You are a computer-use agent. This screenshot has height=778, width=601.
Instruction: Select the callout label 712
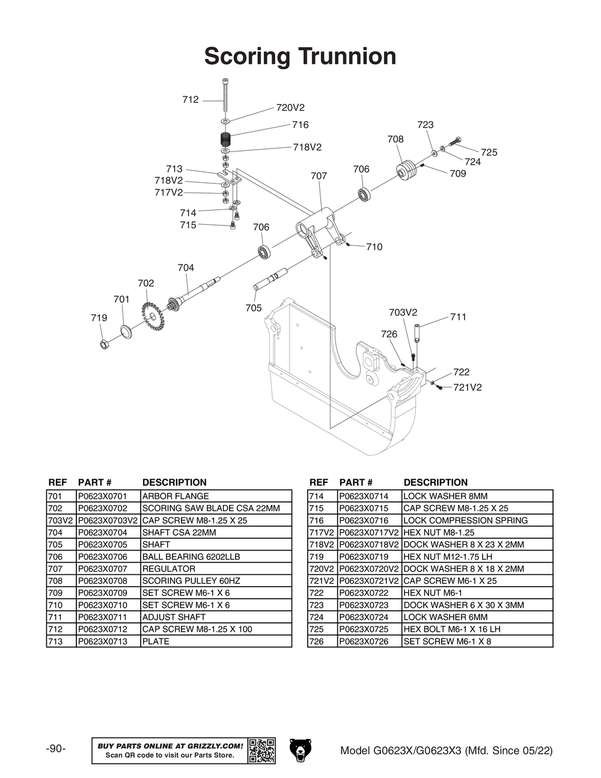click(x=190, y=100)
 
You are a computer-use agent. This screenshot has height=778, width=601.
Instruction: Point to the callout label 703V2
click(x=403, y=313)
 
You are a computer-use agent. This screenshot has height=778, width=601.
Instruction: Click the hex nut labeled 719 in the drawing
click(x=103, y=344)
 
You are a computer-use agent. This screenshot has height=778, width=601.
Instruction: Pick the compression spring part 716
click(x=226, y=141)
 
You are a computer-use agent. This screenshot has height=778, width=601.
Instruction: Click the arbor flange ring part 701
click(x=126, y=331)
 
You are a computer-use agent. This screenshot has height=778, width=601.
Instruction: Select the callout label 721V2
click(x=467, y=388)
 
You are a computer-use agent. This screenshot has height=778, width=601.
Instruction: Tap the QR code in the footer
click(x=261, y=750)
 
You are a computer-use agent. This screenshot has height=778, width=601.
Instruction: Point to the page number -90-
click(x=56, y=749)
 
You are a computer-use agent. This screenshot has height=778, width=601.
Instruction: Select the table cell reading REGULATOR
click(x=168, y=569)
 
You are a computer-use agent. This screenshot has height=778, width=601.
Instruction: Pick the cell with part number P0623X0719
click(x=364, y=557)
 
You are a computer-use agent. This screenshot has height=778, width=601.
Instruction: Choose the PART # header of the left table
click(x=94, y=483)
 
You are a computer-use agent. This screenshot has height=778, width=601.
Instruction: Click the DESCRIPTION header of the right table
click(x=435, y=483)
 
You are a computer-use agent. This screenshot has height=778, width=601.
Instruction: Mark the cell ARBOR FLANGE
click(x=175, y=497)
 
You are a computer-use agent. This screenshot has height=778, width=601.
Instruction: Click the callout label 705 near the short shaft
click(x=254, y=308)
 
